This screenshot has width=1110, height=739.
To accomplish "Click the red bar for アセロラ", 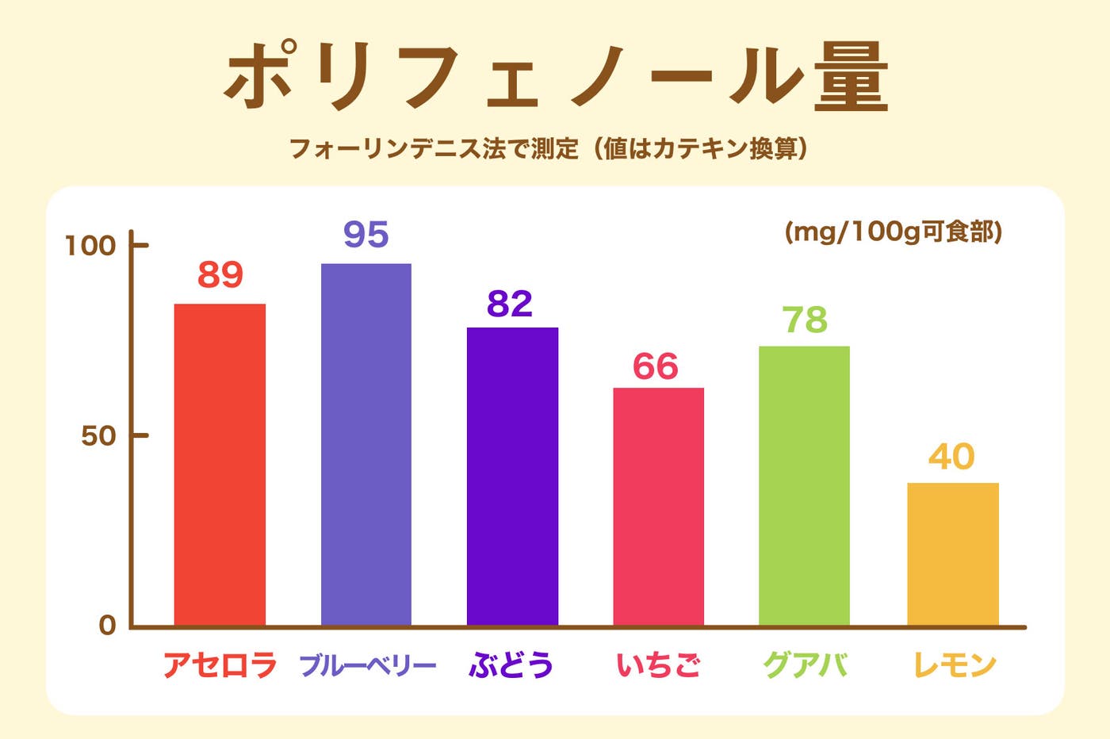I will coord(220,465).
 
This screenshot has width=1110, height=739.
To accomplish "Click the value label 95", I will coord(366,235).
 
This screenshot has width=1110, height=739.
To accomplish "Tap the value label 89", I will coord(220,275).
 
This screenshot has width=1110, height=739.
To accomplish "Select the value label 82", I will coord(510,304).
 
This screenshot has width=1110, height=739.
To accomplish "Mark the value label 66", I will coord(656,367).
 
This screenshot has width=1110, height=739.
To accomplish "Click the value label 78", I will coord(805,320).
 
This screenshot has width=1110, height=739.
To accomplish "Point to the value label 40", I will coord(951,457).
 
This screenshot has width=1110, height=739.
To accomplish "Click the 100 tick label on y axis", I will coord(90,246).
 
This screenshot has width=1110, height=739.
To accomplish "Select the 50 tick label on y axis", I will coord(98,436).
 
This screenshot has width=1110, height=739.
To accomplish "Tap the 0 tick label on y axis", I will coord(107,626).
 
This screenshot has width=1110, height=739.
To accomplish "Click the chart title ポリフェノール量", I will coord(555,77).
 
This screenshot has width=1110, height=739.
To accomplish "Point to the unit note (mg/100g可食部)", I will coord(894,232).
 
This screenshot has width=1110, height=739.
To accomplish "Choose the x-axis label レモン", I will coord(955,664).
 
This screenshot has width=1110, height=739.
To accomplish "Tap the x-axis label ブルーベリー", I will coord(368,664).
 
